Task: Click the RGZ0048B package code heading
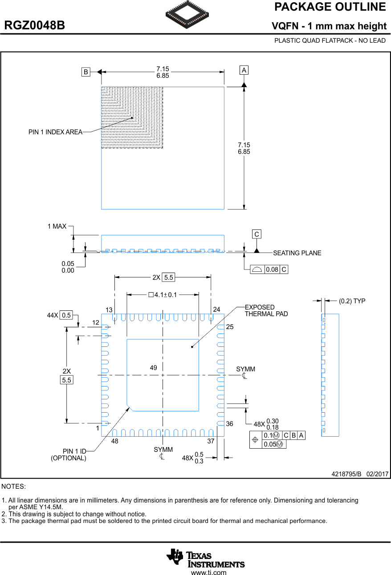[35, 26]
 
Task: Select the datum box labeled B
[86, 72]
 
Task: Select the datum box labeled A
[244, 70]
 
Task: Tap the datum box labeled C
[257, 234]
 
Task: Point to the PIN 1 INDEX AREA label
[55, 132]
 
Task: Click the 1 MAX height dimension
[57, 226]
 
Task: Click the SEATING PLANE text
[297, 253]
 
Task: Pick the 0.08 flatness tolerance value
[272, 269]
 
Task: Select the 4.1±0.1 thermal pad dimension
[163, 294]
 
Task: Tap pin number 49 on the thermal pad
[154, 368]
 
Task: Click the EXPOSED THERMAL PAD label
[266, 310]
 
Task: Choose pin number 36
[229, 424]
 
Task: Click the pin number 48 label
[115, 442]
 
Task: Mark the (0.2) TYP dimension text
[352, 301]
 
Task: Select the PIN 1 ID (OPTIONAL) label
[69, 455]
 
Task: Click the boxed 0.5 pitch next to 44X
[66, 315]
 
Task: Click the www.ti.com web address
[208, 572]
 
